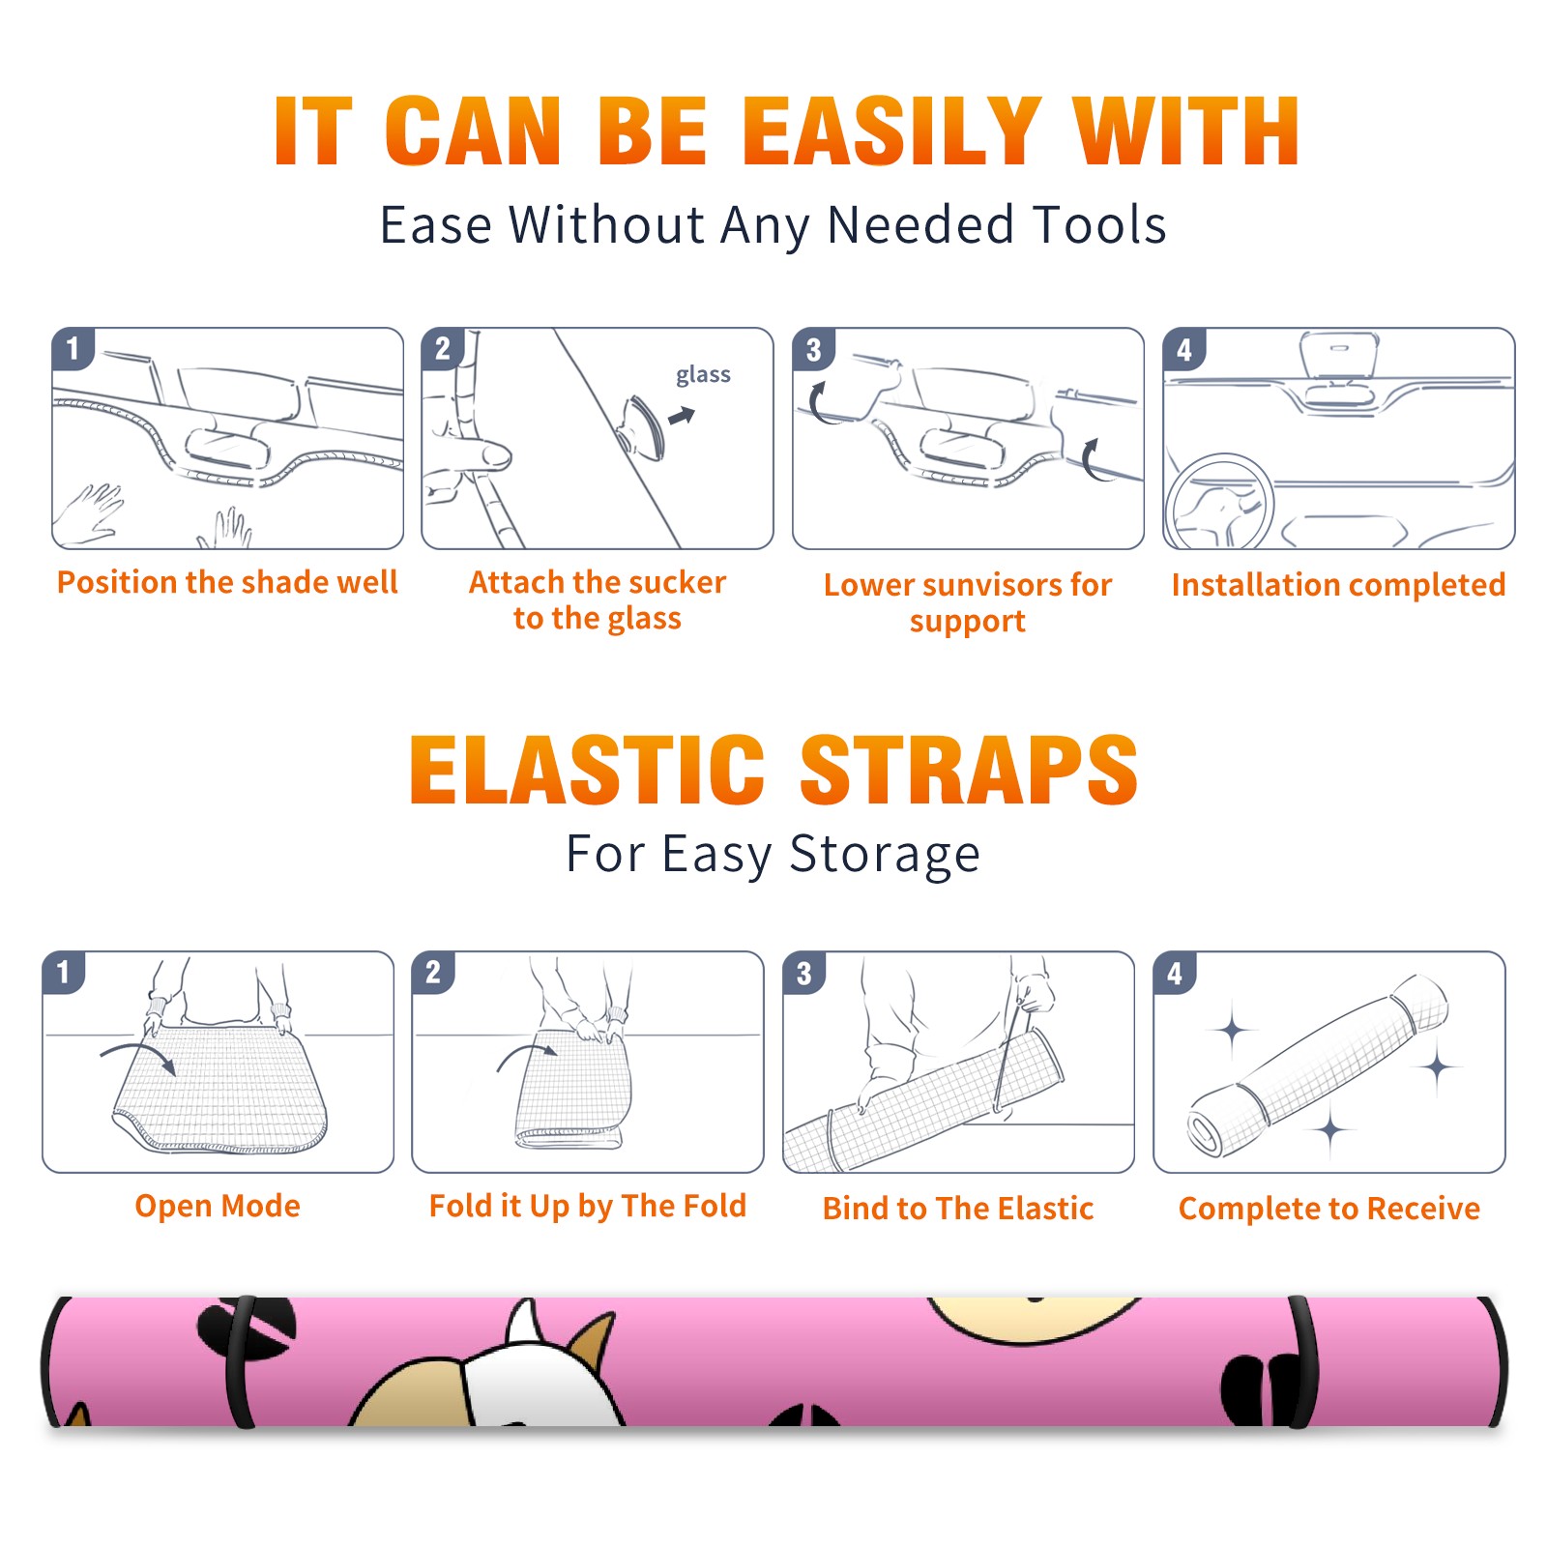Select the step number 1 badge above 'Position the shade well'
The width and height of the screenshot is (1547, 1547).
[x=73, y=348]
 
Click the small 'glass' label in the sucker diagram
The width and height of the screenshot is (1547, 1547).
[x=703, y=375]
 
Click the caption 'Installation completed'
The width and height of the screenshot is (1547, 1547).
[x=1338, y=585]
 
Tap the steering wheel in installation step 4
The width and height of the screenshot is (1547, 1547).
[x=1220, y=503]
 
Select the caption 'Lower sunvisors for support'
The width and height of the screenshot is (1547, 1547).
[x=968, y=602]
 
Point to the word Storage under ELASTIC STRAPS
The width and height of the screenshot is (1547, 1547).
[x=885, y=855]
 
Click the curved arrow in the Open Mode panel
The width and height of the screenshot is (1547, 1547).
[x=138, y=1056]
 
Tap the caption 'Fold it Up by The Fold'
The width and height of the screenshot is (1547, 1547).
[x=588, y=1206]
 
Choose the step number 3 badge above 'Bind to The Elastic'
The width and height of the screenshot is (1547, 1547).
[x=804, y=973]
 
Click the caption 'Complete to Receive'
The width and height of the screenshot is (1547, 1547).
[x=1329, y=1209]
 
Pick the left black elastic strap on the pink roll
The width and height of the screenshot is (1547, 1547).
[x=240, y=1361]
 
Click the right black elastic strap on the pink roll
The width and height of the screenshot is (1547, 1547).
[x=1301, y=1361]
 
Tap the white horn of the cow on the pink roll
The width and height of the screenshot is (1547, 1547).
[x=523, y=1323]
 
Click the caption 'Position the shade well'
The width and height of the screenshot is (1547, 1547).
[x=227, y=582]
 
